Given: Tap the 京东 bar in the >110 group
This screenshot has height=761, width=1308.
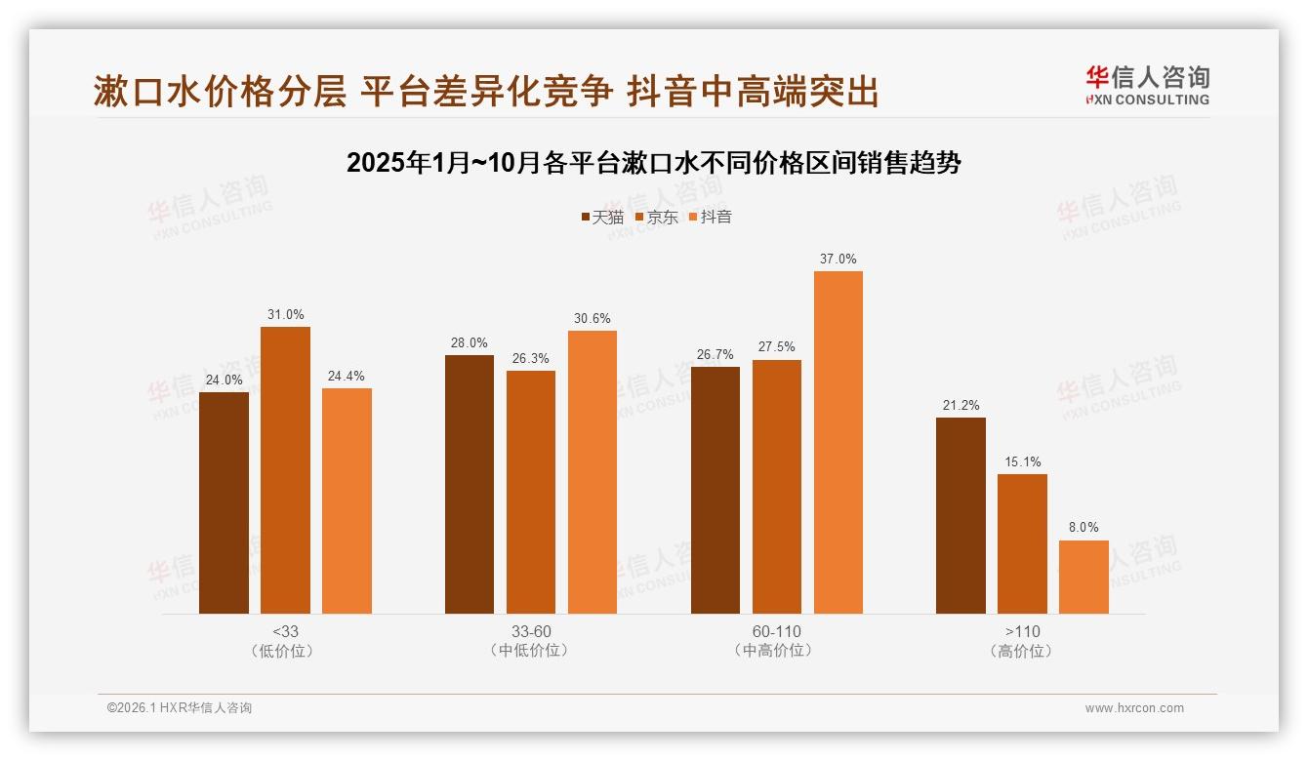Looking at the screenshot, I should pyautogui.click(x=1022, y=543).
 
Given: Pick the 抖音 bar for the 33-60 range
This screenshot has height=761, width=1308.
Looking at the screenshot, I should pyautogui.click(x=593, y=472).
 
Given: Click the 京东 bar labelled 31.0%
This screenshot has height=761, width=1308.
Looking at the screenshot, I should pyautogui.click(x=285, y=470).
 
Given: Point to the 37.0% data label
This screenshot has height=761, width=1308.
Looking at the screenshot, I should pyautogui.click(x=838, y=260).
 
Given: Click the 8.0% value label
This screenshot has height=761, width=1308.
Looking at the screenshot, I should pyautogui.click(x=1083, y=528).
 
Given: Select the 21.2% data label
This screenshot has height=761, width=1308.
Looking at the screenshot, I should pyautogui.click(x=961, y=406).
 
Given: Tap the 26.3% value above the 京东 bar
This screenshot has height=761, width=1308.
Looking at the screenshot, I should pyautogui.click(x=530, y=359).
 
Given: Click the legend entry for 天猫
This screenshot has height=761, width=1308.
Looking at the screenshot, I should pyautogui.click(x=602, y=217).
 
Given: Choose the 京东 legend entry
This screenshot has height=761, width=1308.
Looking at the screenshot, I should pyautogui.click(x=657, y=217).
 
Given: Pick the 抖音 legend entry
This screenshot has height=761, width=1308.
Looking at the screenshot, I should pyautogui.click(x=711, y=217).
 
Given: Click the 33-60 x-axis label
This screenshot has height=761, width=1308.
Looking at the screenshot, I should pyautogui.click(x=530, y=632).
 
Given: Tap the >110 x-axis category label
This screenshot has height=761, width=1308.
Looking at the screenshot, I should pyautogui.click(x=1021, y=632).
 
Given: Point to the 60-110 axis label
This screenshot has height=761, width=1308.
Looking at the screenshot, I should pyautogui.click(x=776, y=632).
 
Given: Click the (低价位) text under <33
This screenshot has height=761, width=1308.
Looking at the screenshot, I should pyautogui.click(x=285, y=651).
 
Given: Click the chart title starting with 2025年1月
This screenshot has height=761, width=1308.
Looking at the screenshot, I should pyautogui.click(x=654, y=163).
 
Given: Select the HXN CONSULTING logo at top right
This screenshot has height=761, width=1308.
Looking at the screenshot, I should pyautogui.click(x=1147, y=86).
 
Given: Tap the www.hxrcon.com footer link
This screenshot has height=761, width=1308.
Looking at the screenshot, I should pyautogui.click(x=1134, y=708).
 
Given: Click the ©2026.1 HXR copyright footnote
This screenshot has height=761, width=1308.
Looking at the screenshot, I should pyautogui.click(x=180, y=708).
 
